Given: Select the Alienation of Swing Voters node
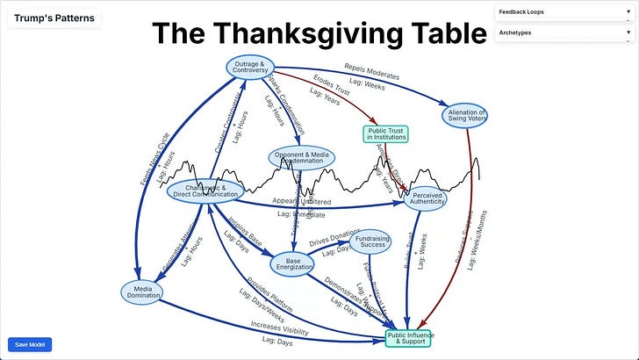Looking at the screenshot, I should click(x=464, y=115).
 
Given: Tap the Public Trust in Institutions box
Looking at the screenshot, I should click(x=386, y=133).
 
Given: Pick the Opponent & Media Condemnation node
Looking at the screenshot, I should click(x=303, y=158).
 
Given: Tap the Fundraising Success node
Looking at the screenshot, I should click(x=370, y=242).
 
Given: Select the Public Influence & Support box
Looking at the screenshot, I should click(x=409, y=336).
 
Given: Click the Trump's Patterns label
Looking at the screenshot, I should click(x=54, y=18).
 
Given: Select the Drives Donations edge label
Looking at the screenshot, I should click(x=329, y=238).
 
